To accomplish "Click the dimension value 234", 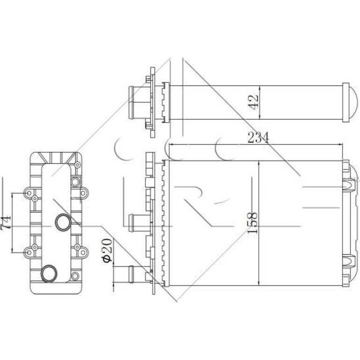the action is pos(258,138).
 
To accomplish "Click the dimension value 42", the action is pos(253,102).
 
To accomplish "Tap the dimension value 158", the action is pos(252,223).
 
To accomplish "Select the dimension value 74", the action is pos(6,222).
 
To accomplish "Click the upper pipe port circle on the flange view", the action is pos(63,222).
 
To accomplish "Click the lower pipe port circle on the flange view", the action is pos(49,273).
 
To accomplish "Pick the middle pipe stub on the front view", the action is pos(140,223).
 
